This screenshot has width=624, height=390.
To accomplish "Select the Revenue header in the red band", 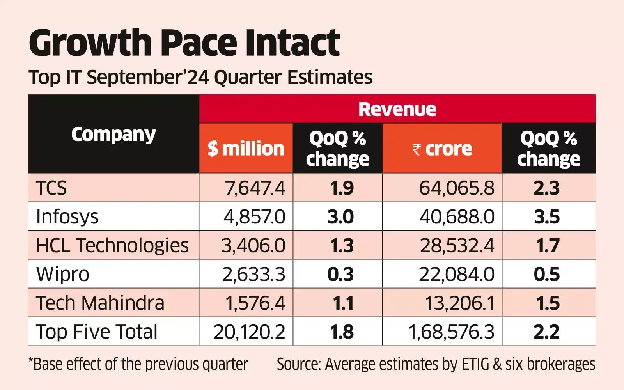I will click(x=397, y=109).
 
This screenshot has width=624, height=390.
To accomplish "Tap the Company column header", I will click(x=113, y=135).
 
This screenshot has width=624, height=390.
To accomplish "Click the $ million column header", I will click(x=246, y=149).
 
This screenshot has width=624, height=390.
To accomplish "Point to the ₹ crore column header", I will click(x=442, y=149).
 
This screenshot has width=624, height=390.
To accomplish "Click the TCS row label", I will click(x=51, y=188).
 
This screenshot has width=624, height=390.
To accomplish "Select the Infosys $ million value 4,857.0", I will click(x=254, y=217).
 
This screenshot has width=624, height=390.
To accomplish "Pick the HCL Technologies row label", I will click(x=112, y=246).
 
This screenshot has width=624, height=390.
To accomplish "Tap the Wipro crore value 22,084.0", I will click(x=457, y=275).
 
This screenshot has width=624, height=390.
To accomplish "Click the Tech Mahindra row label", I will click(x=100, y=303).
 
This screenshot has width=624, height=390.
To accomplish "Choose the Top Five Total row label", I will click(x=97, y=332).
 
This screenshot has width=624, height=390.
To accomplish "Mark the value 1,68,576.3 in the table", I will click(x=451, y=332).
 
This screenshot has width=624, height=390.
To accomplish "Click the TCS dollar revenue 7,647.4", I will click(x=255, y=188).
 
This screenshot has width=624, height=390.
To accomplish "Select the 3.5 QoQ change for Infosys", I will click(x=547, y=217).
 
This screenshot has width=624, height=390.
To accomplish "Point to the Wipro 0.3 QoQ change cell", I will click(x=340, y=275).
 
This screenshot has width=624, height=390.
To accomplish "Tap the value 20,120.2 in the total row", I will click(x=249, y=332).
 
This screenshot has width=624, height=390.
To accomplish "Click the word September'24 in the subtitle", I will click(x=148, y=77).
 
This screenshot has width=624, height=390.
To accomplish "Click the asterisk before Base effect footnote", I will click(x=31, y=361).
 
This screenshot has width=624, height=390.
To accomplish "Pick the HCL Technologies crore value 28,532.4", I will click(x=457, y=246).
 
